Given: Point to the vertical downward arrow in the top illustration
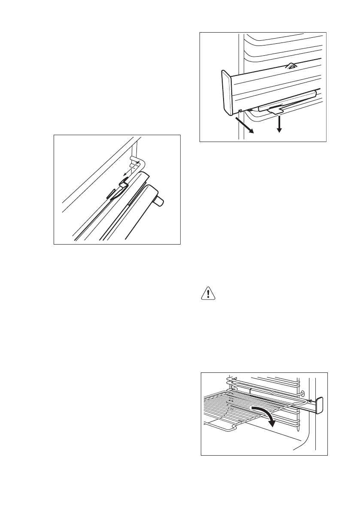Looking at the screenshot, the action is click(279, 124).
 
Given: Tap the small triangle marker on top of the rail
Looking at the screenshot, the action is click(291, 66).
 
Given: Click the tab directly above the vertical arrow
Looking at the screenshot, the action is click(274, 110).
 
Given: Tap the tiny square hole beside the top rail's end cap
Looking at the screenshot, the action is click(241, 111).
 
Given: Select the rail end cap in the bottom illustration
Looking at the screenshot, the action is click(319, 406).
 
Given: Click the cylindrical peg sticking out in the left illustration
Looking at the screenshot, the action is click(160, 202).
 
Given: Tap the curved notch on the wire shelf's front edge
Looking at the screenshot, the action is click(234, 427).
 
